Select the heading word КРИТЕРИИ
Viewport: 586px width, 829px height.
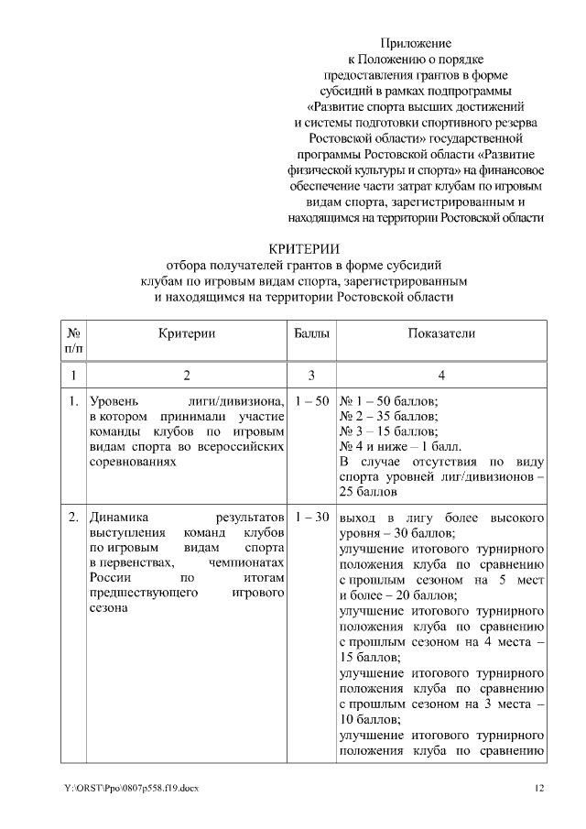point(303,248)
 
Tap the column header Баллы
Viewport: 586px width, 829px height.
point(310,334)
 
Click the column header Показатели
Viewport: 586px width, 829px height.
point(441,334)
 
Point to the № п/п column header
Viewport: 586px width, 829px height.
point(72,342)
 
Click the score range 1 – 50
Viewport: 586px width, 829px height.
point(310,402)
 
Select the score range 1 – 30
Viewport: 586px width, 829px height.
point(310,518)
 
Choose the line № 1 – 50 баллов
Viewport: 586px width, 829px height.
point(389,402)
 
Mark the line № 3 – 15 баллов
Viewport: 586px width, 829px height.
point(389,431)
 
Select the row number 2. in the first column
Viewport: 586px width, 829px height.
point(72,518)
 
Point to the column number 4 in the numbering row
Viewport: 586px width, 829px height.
point(441,375)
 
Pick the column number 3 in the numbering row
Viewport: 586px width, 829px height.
point(310,375)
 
